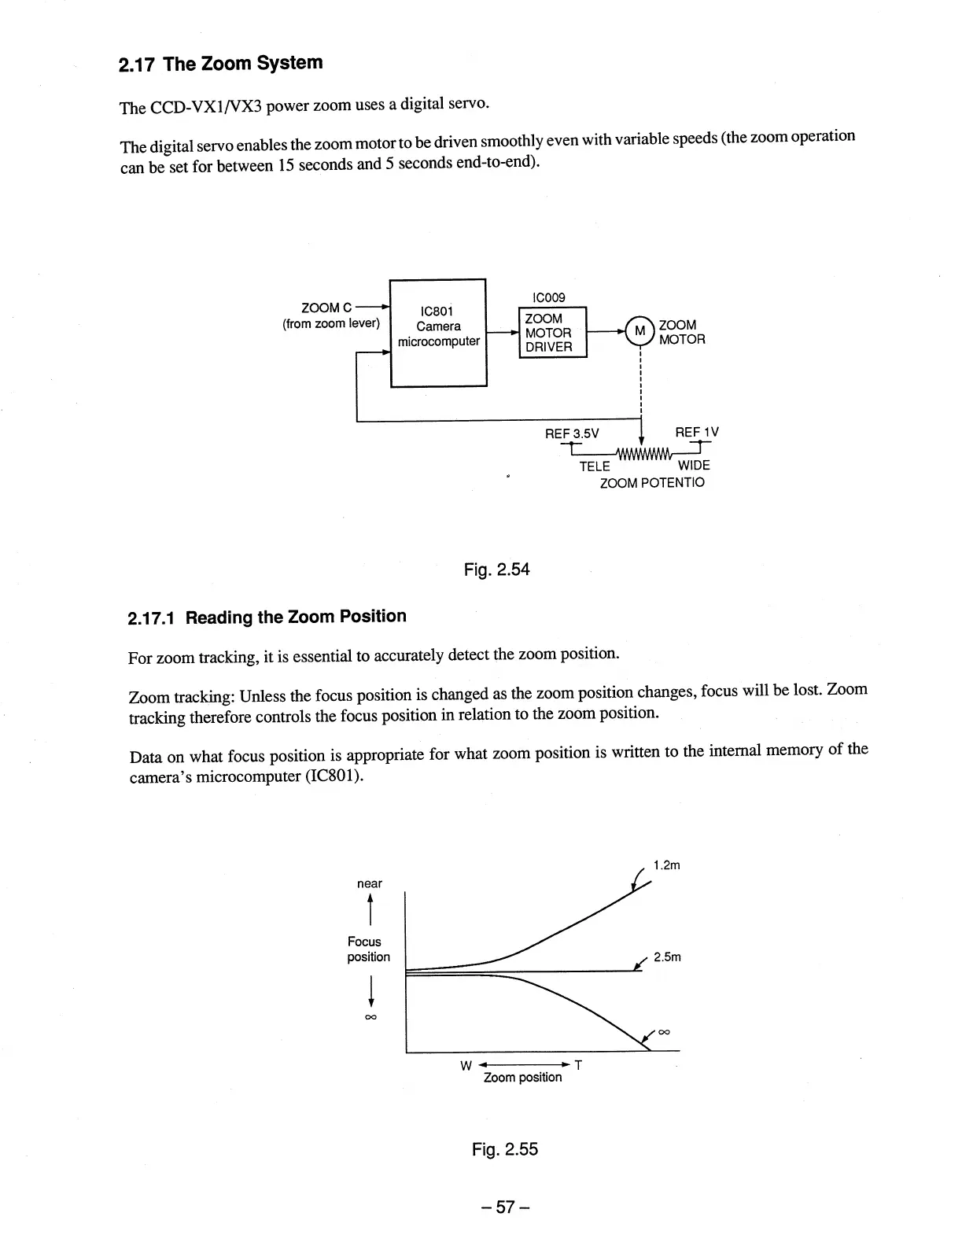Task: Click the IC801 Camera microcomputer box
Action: click(x=438, y=333)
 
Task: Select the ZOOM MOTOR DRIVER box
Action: click(x=552, y=333)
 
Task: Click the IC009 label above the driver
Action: click(x=548, y=297)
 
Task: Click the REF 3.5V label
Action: click(x=572, y=433)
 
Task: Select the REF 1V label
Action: click(x=696, y=432)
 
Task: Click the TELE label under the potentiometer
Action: click(x=595, y=466)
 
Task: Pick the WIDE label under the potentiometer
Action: click(x=693, y=466)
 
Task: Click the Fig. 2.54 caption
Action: click(x=496, y=569)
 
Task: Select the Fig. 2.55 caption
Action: click(x=504, y=1149)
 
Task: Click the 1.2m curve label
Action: click(x=666, y=865)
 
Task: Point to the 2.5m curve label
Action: click(x=667, y=957)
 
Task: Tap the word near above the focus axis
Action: click(x=369, y=883)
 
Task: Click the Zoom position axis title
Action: click(x=522, y=1077)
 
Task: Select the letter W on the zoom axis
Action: click(x=465, y=1065)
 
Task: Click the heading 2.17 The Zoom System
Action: click(x=221, y=64)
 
